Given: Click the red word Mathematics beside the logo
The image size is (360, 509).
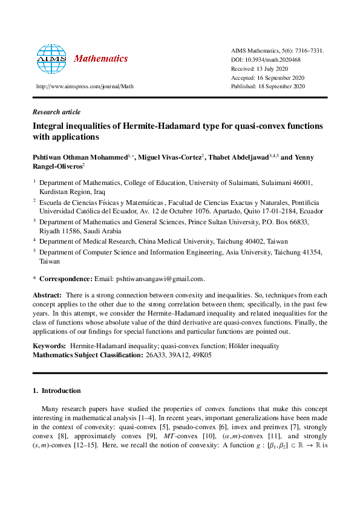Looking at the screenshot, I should pyautogui.click(x=100, y=59).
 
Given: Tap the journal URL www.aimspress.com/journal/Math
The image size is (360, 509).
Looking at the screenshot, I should pyautogui.click(x=85, y=86).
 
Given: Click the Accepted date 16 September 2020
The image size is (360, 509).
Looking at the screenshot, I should pyautogui.click(x=281, y=78).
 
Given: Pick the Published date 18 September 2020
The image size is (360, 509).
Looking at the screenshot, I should pyautogui.click(x=283, y=86).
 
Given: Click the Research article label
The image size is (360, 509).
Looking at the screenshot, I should pyautogui.click(x=56, y=112).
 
